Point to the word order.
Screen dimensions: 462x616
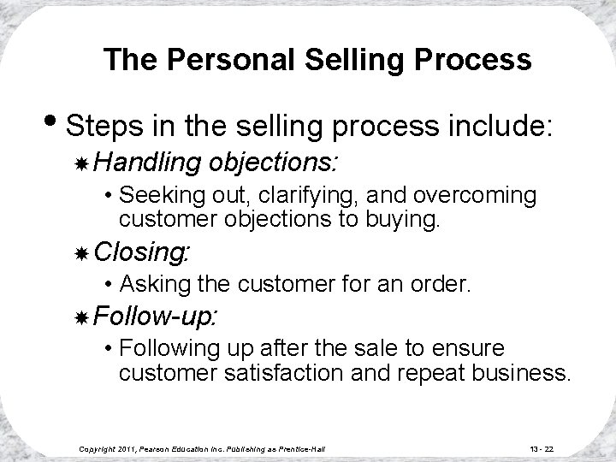click(x=441, y=283)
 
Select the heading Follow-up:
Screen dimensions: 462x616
click(x=157, y=317)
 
